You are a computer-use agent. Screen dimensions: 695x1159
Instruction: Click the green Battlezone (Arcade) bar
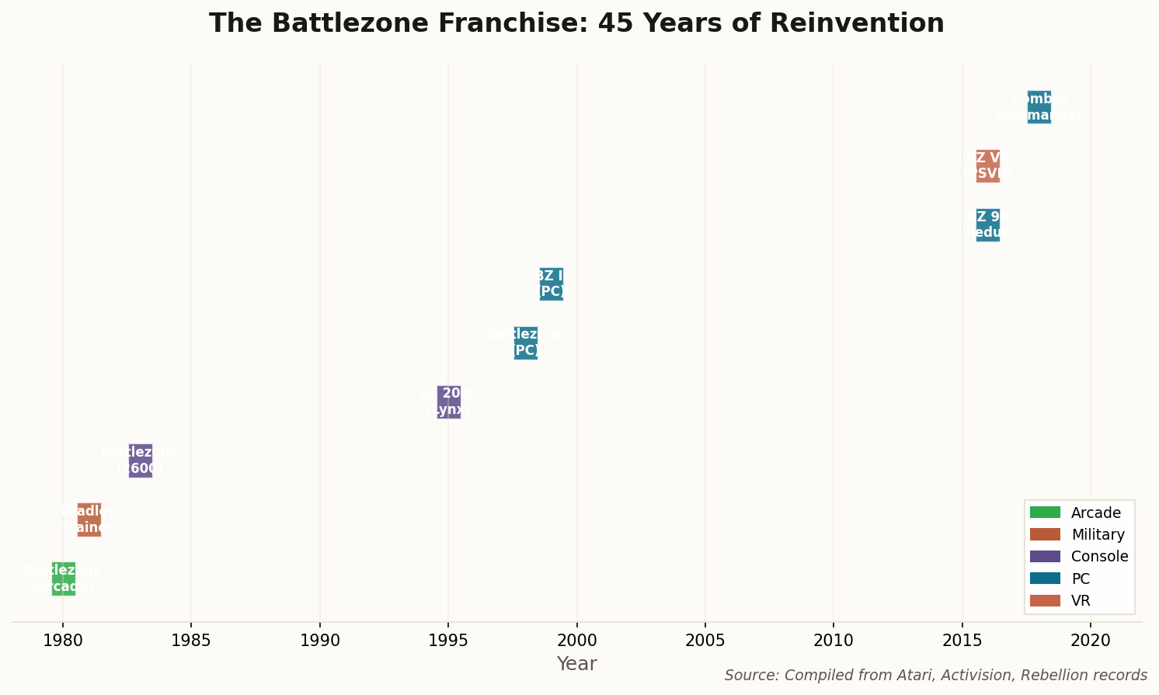click(64, 579)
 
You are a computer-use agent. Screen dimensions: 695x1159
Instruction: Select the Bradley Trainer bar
click(89, 520)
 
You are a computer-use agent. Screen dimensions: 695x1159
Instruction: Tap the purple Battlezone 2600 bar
click(141, 460)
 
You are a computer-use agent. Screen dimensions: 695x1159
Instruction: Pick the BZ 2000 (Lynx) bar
click(449, 401)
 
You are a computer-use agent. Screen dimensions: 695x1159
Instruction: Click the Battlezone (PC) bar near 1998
click(526, 342)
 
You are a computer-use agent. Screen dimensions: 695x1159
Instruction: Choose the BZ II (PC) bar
click(552, 283)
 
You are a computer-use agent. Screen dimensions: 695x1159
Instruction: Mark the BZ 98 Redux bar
click(988, 224)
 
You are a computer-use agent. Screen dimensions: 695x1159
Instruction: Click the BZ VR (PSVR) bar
click(988, 165)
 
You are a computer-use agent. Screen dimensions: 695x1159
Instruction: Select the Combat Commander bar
click(1039, 106)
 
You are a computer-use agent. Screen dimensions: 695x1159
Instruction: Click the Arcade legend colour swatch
click(1045, 513)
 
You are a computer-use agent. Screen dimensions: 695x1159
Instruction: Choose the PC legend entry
click(1080, 579)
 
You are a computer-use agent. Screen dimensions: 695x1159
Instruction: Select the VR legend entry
click(1081, 600)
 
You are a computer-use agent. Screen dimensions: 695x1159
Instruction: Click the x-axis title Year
click(577, 664)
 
